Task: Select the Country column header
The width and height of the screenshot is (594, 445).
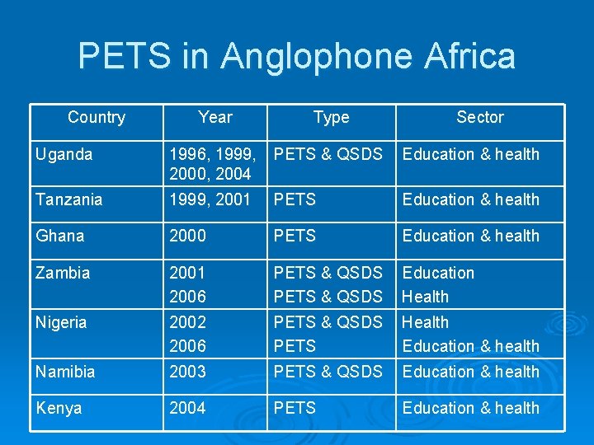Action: [97, 117]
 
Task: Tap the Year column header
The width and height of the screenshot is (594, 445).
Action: [215, 117]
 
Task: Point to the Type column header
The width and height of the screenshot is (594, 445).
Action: [331, 117]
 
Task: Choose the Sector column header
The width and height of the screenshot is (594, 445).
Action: [480, 117]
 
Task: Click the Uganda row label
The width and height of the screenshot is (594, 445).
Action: [64, 154]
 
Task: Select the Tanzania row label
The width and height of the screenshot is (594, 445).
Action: [69, 199]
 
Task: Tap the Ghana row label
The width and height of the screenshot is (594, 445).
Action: [59, 236]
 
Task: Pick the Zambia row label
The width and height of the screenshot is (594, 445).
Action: [63, 273]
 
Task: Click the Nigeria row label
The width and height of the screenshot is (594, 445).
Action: [61, 322]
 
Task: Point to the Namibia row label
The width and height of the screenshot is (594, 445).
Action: [65, 372]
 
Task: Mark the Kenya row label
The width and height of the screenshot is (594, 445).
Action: [59, 408]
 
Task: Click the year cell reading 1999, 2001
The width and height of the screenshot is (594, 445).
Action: [210, 199]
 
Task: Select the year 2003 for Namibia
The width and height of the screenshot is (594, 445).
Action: [187, 372]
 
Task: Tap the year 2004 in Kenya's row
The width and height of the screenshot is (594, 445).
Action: [187, 408]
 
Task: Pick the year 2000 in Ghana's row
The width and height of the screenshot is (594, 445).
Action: [187, 236]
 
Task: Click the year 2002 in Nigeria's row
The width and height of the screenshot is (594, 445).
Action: [187, 322]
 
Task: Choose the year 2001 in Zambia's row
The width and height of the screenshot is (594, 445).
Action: [187, 273]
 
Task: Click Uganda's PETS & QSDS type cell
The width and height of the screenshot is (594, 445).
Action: [328, 154]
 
